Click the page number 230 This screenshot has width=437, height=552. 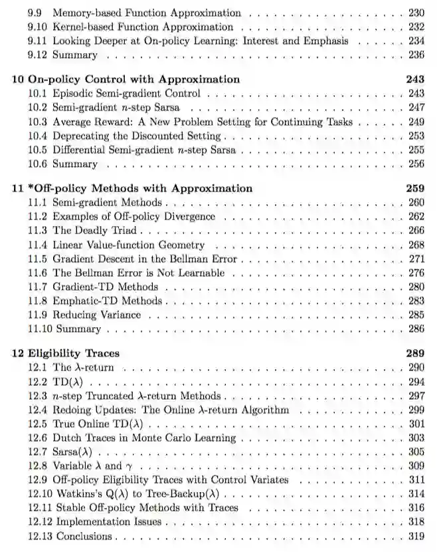(416, 13)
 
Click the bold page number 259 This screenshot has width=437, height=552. (415, 188)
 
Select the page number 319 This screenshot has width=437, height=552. (416, 536)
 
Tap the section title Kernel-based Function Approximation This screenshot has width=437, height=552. (143, 27)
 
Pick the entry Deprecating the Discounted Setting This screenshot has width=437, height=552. (136, 136)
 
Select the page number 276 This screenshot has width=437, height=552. (416, 273)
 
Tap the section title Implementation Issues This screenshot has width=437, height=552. (108, 522)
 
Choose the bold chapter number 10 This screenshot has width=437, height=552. (19, 79)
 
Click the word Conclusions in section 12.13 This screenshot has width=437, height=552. (84, 536)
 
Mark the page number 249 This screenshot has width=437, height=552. (416, 122)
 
